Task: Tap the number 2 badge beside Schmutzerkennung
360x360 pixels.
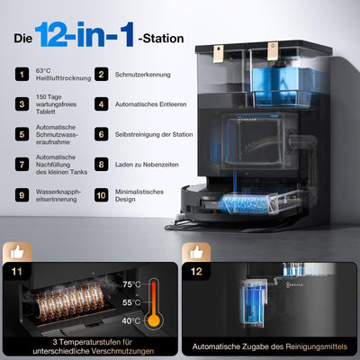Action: tap(103, 75)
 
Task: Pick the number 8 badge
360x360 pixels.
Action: tap(103, 165)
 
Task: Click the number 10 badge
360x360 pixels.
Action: tap(103, 193)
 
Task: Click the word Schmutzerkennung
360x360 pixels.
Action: tap(143, 75)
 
